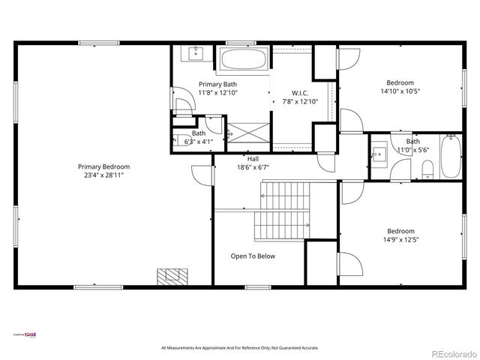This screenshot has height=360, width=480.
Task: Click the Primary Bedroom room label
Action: click(x=103, y=166)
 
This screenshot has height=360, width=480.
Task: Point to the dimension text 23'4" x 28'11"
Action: click(x=103, y=175)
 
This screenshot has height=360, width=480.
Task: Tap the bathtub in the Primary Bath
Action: click(x=244, y=59)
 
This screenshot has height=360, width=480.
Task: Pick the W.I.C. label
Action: click(x=290, y=93)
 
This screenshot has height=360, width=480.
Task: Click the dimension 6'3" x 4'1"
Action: click(x=199, y=141)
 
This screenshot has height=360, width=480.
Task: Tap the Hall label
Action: click(x=253, y=159)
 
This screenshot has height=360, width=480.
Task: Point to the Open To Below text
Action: click(x=252, y=256)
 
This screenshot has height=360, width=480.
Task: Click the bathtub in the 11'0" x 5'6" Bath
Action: click(x=450, y=156)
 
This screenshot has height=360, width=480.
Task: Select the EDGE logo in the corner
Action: click(x=25, y=334)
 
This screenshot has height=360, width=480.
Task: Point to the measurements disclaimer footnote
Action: click(x=240, y=348)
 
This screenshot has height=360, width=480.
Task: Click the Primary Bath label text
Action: click(x=217, y=84)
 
